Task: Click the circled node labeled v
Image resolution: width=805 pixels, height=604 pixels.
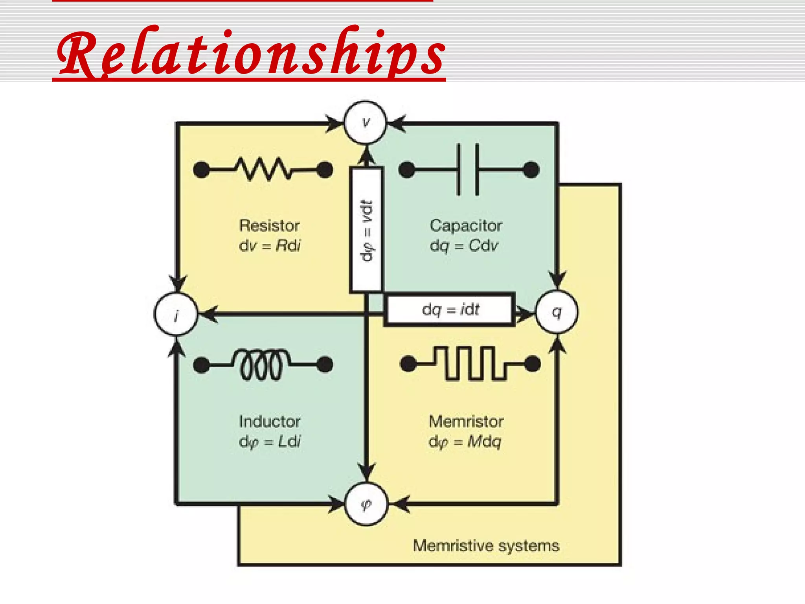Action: click(x=366, y=122)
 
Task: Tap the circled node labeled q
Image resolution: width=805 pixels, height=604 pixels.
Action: click(x=557, y=312)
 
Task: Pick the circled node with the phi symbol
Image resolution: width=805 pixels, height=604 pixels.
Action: click(x=366, y=504)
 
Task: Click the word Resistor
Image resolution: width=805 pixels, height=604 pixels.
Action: click(x=270, y=226)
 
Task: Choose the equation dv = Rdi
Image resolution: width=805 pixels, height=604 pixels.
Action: click(x=270, y=246)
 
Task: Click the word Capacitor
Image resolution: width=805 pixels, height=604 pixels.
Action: click(x=466, y=226)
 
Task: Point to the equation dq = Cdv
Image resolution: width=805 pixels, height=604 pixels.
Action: click(x=464, y=246)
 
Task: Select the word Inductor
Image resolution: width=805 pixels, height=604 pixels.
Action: click(x=270, y=422)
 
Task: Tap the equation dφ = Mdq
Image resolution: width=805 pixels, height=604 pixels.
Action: click(x=465, y=442)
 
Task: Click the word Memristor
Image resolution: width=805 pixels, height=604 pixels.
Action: click(x=466, y=422)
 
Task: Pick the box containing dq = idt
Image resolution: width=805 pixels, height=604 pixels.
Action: click(x=450, y=309)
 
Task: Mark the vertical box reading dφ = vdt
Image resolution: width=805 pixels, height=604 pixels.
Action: click(x=366, y=230)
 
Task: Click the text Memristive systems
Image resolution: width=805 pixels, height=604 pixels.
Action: click(x=486, y=546)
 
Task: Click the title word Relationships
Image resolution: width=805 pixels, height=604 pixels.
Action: click(x=251, y=53)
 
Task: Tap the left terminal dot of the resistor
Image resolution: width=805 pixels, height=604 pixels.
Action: click(x=202, y=170)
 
